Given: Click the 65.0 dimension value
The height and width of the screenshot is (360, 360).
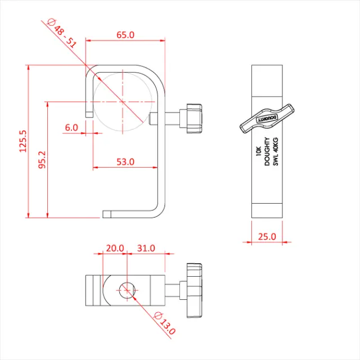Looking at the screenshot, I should click(125, 35).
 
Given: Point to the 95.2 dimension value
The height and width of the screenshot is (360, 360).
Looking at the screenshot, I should click(42, 160).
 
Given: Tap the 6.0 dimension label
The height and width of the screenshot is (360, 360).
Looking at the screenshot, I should click(71, 128).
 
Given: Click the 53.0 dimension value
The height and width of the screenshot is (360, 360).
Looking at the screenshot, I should click(125, 162).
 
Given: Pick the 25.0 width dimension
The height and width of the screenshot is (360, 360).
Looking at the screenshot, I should click(267, 237).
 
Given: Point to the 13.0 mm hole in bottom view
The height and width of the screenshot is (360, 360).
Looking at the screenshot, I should click(126, 290).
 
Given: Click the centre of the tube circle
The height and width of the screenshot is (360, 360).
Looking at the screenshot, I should click(122, 102).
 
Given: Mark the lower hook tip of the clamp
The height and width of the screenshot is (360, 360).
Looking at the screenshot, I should click(107, 214).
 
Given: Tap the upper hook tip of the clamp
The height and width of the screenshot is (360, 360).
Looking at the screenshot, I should click(88, 114).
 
